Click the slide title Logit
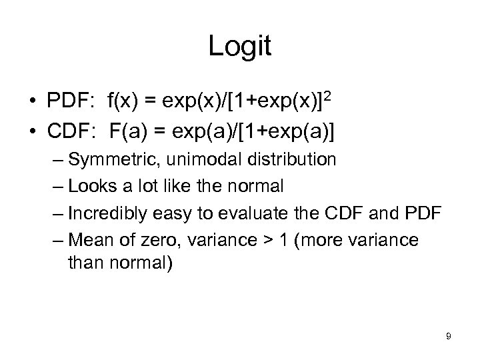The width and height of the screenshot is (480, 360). pos(239,47)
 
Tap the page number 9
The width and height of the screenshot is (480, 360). pos(448,336)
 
